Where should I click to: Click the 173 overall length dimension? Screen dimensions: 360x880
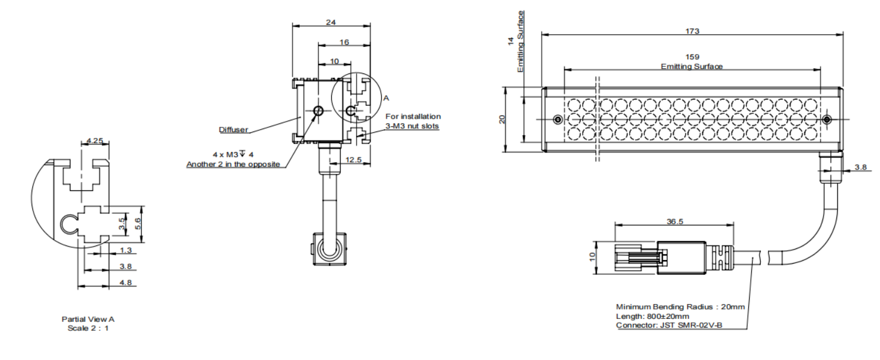tap(691, 31)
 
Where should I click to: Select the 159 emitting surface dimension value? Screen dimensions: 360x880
tap(691, 57)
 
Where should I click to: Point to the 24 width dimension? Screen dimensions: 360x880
tap(331, 22)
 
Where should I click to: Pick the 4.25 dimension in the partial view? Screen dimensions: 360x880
tap(94, 140)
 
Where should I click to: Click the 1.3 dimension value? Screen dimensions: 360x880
tap(125, 250)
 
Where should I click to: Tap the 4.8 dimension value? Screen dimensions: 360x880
tap(125, 282)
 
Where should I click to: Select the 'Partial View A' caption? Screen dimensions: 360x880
tap(88, 319)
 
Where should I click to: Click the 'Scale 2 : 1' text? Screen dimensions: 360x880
tap(88, 328)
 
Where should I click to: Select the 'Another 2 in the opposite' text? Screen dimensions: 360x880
tap(233, 164)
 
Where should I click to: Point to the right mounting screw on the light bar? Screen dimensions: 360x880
tap(827, 120)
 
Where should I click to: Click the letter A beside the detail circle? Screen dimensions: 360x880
tap(386, 99)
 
